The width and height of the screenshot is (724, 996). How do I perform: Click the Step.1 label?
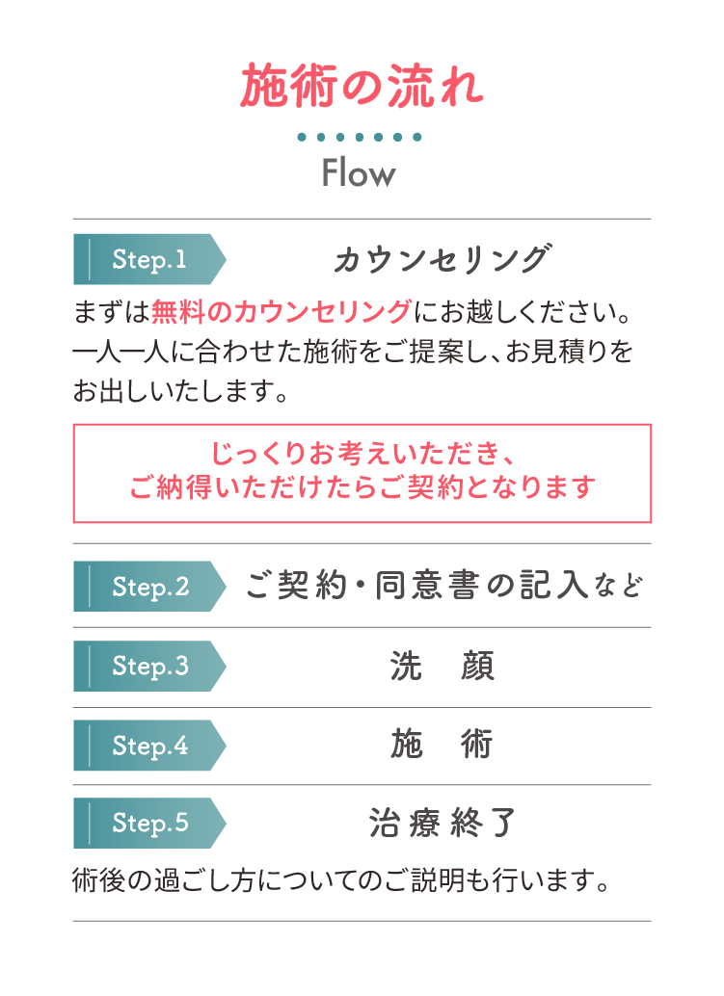pyautogui.click(x=149, y=259)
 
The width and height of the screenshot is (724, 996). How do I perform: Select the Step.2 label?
pyautogui.click(x=150, y=587)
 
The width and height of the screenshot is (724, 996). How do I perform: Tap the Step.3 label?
pyautogui.click(x=150, y=666)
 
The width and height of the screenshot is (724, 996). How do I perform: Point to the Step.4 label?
pyautogui.click(x=150, y=746)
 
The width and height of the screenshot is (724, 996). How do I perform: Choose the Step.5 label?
pyautogui.click(x=150, y=823)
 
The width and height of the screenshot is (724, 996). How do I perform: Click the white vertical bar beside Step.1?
pyautogui.click(x=90, y=260)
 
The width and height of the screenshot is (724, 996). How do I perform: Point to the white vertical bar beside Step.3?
pyautogui.click(x=90, y=666)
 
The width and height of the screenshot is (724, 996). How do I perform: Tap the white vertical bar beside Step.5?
pyautogui.click(x=90, y=823)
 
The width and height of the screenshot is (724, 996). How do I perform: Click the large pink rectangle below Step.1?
pyautogui.click(x=397, y=473)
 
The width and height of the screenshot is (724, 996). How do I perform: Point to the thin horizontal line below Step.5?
pyautogui.click(x=397, y=921)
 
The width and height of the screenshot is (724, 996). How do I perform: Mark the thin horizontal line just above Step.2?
pyautogui.click(x=397, y=543)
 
